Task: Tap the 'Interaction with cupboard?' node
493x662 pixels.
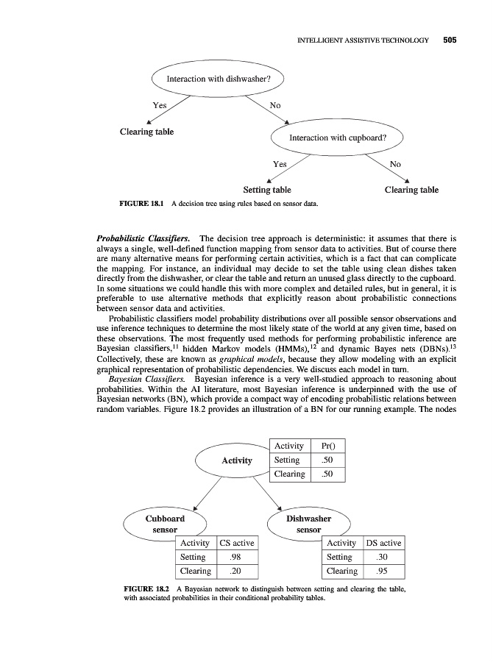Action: (338, 138)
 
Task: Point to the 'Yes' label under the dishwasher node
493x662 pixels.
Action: (159, 106)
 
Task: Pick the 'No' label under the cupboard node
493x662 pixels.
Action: (395, 164)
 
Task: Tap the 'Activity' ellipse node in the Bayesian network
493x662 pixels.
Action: (237, 461)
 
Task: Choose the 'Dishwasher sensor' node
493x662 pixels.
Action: (308, 524)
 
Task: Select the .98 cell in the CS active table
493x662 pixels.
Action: (237, 557)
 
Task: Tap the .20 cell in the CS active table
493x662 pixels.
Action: (237, 572)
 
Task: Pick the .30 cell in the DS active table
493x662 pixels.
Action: (383, 557)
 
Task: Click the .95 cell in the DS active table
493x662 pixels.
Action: (383, 572)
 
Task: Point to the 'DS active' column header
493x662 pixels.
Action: (383, 543)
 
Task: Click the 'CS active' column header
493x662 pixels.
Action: (237, 543)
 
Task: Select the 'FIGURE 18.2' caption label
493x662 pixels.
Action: (143, 590)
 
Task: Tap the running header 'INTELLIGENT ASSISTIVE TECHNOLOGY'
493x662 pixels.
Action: (362, 40)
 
